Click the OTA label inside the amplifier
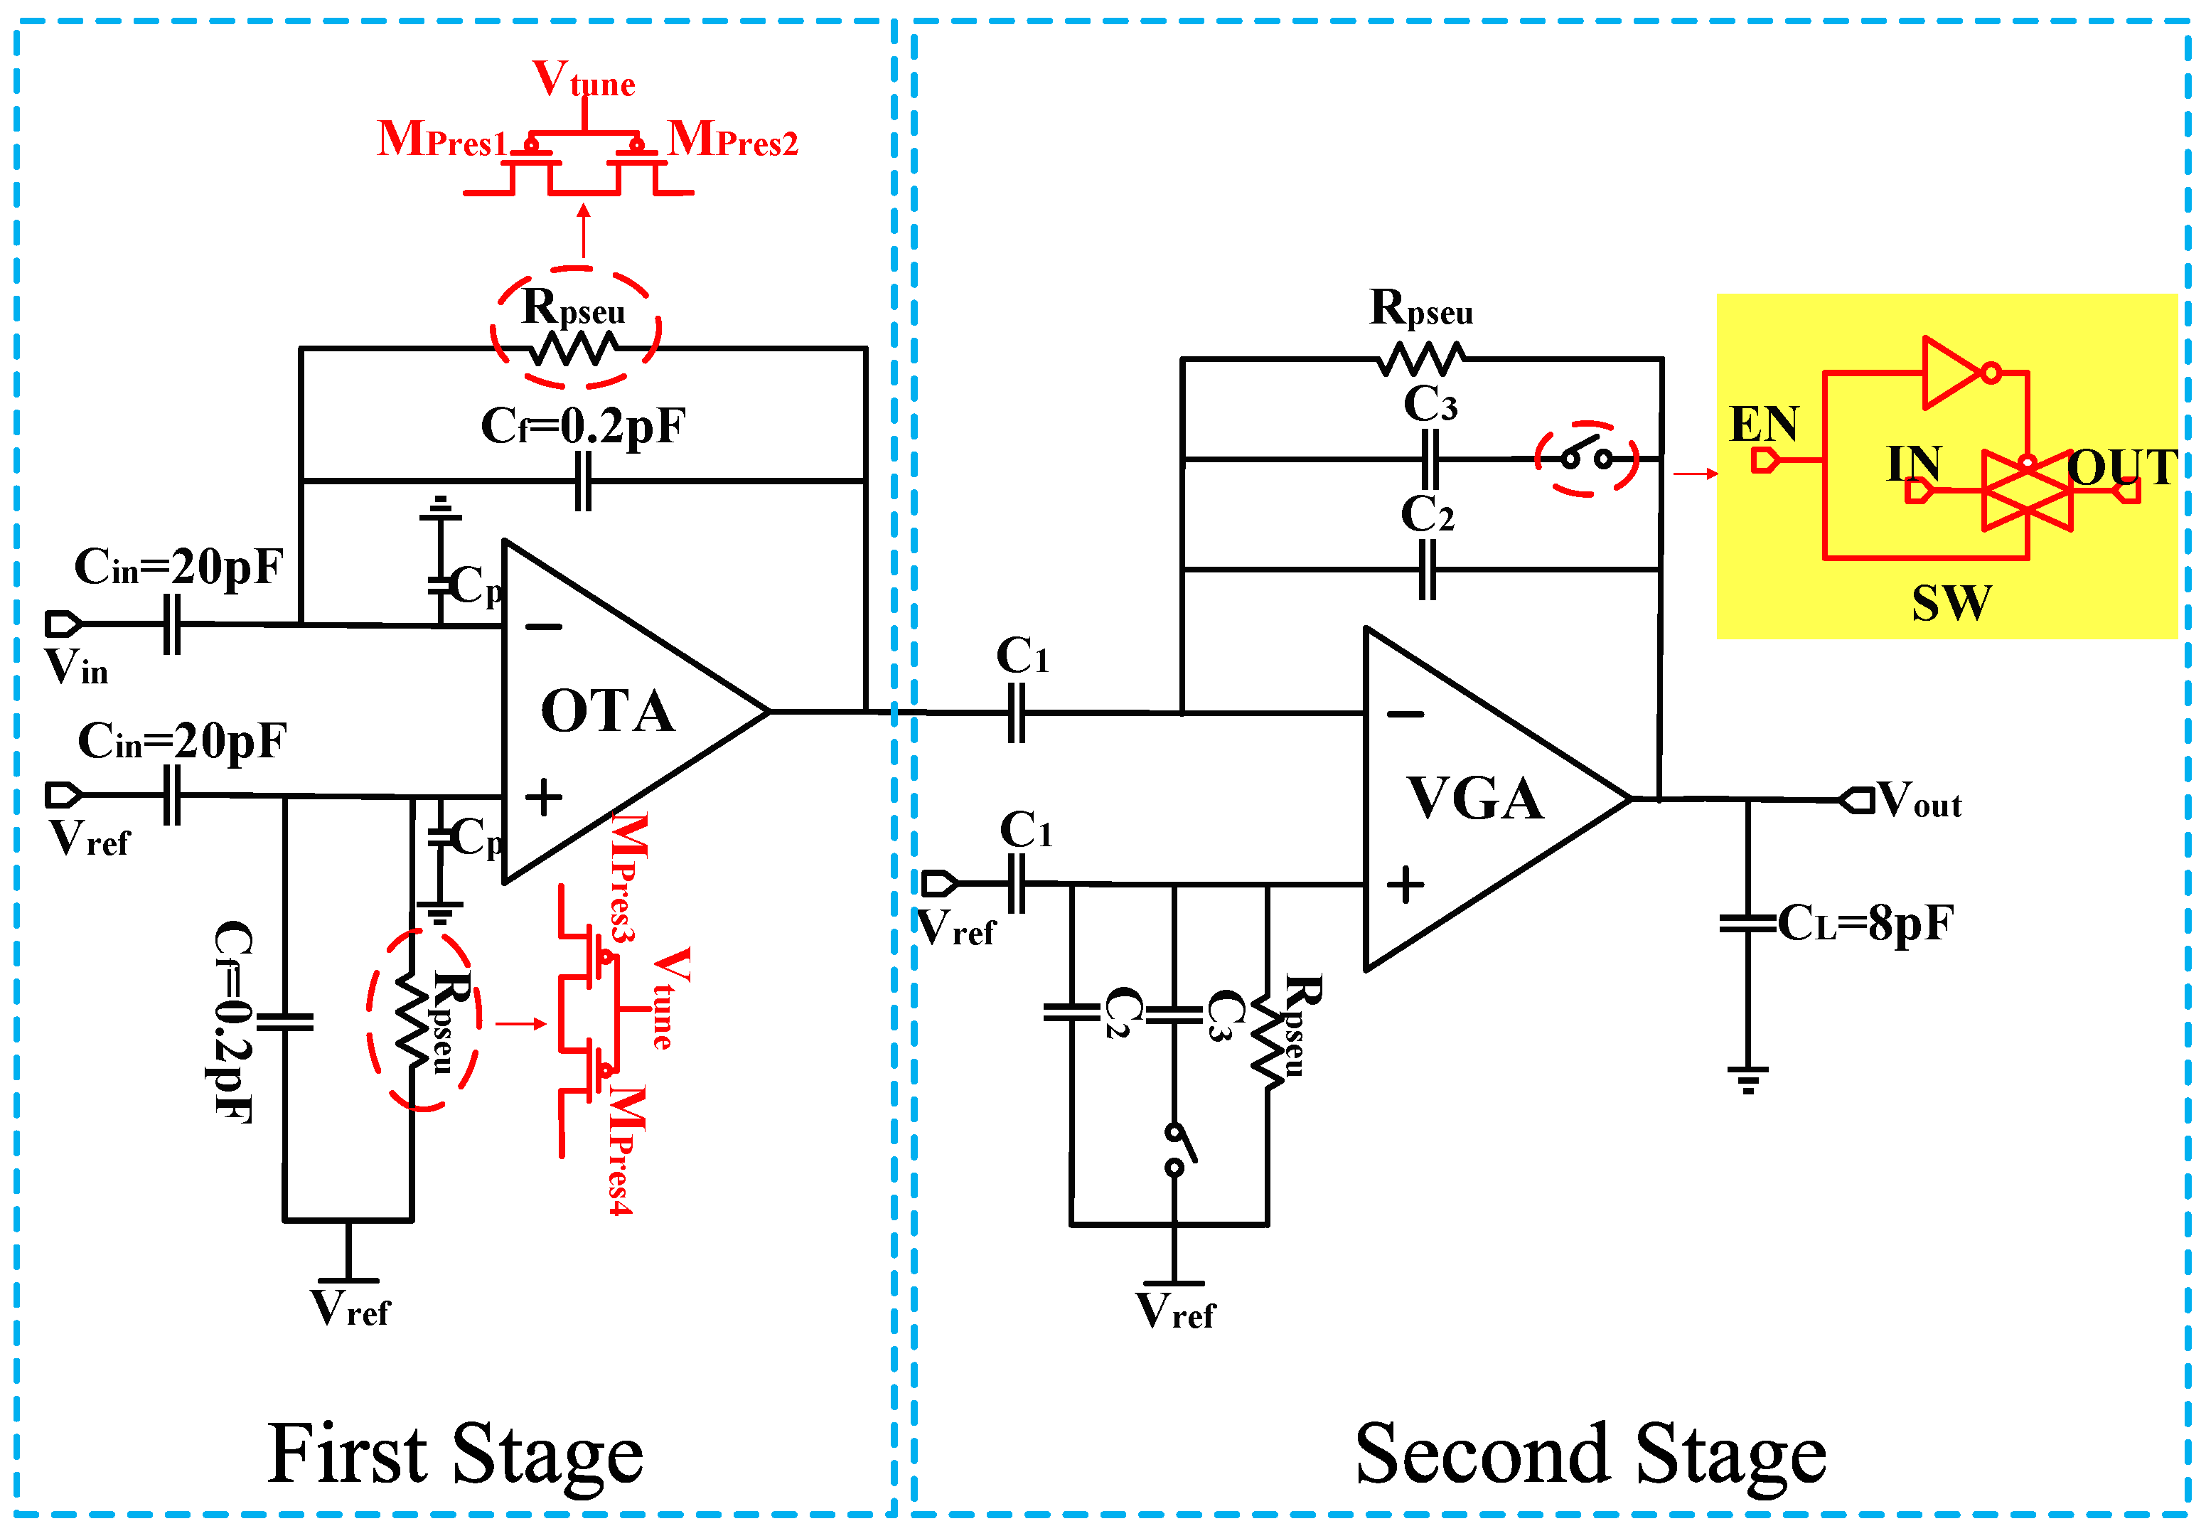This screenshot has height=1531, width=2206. [x=607, y=712]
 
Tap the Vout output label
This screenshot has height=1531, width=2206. [x=1917, y=801]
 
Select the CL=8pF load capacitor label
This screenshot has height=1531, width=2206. [x=1865, y=924]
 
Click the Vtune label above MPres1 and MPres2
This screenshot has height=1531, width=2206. [x=583, y=79]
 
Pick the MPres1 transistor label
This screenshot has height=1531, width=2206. [x=441, y=140]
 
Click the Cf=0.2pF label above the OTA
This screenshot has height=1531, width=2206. [x=582, y=426]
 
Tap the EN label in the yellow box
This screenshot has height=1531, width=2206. [x=1763, y=424]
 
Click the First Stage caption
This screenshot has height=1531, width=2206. [x=454, y=1454]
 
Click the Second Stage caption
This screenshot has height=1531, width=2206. [x=1590, y=1454]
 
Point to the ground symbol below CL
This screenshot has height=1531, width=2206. [x=1747, y=1079]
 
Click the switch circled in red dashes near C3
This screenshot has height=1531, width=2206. [x=1585, y=459]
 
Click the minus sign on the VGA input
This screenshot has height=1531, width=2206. [x=1405, y=714]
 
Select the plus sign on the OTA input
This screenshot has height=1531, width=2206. [x=543, y=797]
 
